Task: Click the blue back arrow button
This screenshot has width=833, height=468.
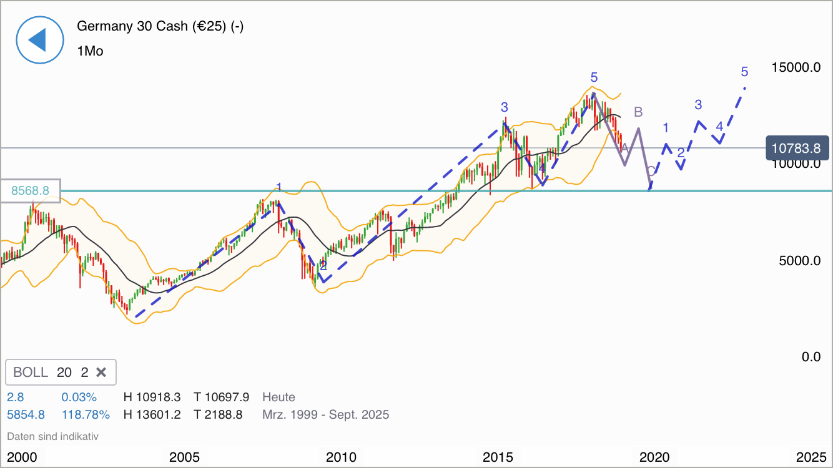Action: [40, 39]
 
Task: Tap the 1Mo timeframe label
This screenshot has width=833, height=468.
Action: [90, 51]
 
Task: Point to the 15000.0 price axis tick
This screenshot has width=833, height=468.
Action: [796, 67]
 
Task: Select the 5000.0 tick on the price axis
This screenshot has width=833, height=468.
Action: [799, 261]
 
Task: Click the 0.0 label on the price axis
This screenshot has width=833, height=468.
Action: [811, 357]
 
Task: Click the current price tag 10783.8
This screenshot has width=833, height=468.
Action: [796, 149]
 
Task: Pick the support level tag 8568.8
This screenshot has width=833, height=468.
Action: [30, 190]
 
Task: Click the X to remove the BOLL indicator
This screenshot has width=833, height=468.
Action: [101, 373]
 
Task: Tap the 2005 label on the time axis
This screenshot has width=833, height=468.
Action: [184, 457]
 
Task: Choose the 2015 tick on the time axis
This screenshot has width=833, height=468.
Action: [498, 457]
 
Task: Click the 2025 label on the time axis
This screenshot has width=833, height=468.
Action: [811, 457]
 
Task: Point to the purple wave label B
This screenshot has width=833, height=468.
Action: [638, 112]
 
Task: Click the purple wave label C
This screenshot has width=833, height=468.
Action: [651, 171]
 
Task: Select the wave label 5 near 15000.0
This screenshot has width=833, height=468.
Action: [744, 72]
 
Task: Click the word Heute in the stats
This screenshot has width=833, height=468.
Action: [278, 397]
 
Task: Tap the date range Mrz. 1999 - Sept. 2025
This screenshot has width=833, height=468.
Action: [325, 414]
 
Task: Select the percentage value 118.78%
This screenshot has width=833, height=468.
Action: [86, 414]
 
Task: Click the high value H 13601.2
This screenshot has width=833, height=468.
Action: [152, 414]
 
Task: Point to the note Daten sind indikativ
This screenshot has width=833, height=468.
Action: [52, 436]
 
